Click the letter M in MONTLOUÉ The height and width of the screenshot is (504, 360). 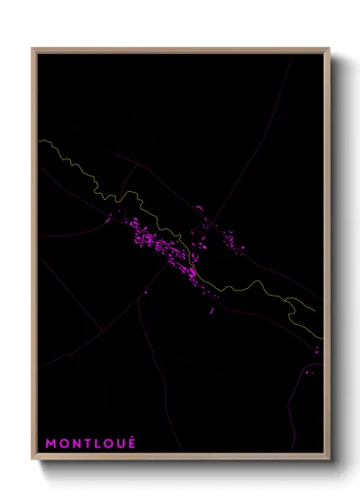click(x=51, y=444)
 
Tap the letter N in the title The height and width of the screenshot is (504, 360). click(x=76, y=444)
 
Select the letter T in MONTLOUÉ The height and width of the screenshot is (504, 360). click(x=87, y=444)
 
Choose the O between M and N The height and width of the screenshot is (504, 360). click(x=63, y=444)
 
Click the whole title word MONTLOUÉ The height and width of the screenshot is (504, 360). click(x=91, y=444)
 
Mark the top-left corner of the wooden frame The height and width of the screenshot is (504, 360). click(x=33, y=49)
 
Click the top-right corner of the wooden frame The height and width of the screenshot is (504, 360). click(x=330, y=49)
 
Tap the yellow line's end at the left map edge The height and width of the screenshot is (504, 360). click(x=39, y=140)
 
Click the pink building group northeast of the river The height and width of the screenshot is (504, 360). click(x=225, y=236)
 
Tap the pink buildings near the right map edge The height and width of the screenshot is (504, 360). click(x=316, y=349)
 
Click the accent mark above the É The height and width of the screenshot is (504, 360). click(x=133, y=438)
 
